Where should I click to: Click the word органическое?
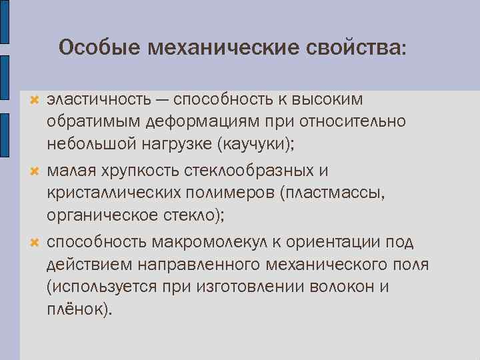(x=101, y=215)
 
